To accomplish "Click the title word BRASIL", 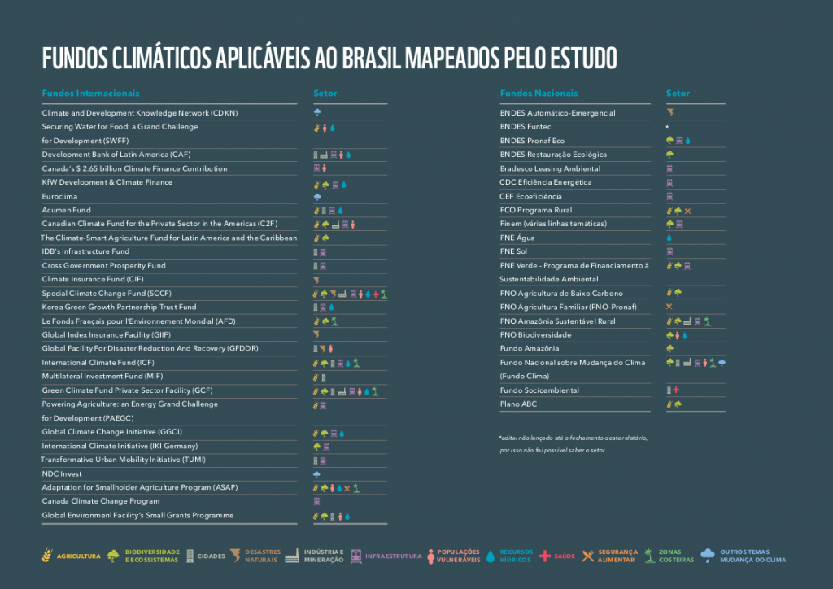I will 382,59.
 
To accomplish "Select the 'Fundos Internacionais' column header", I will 91,94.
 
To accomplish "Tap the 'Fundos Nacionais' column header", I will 539,94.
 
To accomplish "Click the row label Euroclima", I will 59,196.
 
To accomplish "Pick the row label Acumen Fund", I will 67,210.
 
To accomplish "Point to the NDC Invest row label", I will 62,473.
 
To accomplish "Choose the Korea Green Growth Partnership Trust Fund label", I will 119,308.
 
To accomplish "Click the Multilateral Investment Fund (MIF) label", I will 102,377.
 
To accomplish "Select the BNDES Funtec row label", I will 526,127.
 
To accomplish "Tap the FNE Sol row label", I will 514,251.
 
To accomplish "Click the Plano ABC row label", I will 519,404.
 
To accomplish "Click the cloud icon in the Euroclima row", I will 317,196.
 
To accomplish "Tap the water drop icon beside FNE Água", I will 669,238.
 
